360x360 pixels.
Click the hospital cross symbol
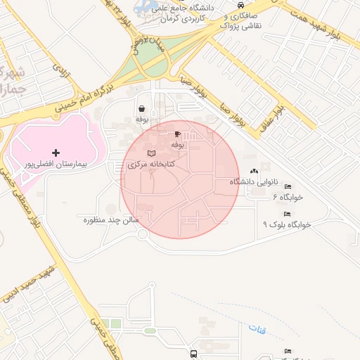coord(56,153)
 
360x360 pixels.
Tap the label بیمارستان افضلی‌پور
coord(56,164)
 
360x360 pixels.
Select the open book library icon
coord(152,153)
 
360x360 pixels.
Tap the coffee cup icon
coord(177,134)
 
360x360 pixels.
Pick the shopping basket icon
coord(142,109)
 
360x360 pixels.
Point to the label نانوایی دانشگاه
coord(254,182)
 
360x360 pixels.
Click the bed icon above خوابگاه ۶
coord(287,186)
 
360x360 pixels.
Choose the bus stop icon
coord(193,354)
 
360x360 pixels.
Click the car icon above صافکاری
coord(231,5)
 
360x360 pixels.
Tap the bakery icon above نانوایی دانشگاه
coord(254,171)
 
